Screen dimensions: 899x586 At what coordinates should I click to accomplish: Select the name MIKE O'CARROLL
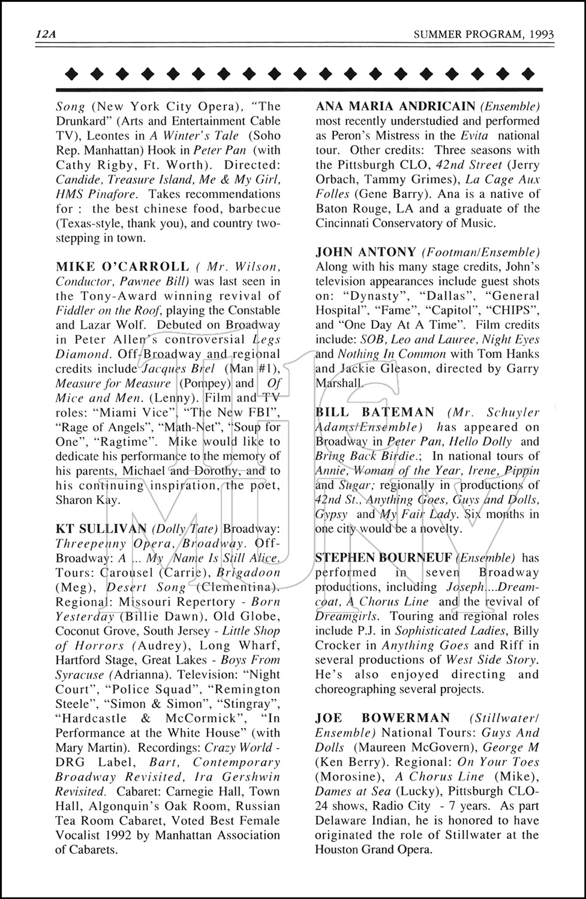(122, 266)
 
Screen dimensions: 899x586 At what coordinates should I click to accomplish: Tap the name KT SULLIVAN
(101, 529)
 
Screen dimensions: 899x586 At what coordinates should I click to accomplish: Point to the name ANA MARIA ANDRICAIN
(395, 106)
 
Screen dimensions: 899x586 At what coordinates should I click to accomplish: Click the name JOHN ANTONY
(366, 252)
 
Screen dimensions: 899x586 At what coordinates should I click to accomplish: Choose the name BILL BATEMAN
(375, 412)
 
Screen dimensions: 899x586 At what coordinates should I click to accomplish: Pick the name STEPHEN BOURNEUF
(384, 558)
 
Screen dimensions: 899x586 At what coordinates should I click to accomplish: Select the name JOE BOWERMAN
(382, 718)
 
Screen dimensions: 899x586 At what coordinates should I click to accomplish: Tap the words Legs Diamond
(168, 347)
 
